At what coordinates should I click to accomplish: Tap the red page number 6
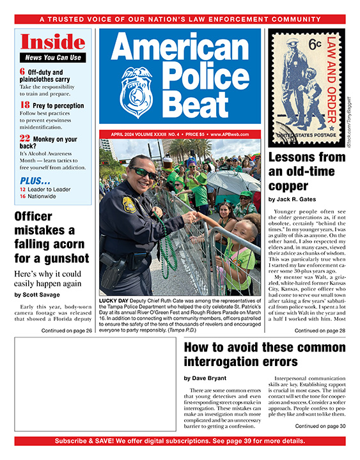click(22, 72)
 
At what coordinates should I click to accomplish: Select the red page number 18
click(24, 105)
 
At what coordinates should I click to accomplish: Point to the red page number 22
click(24, 138)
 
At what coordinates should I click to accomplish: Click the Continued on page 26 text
click(67, 330)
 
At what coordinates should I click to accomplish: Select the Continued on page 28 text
click(320, 331)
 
